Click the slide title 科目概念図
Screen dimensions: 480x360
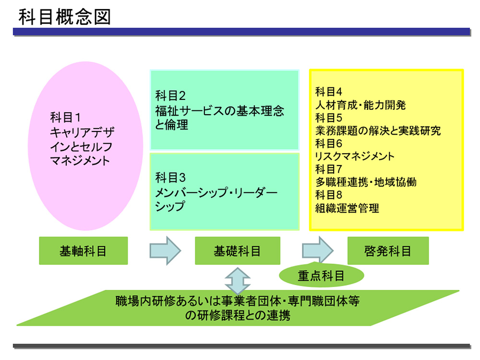[x=64, y=17]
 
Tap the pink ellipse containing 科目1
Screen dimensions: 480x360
[x=85, y=146]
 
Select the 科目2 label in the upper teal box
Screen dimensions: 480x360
[x=170, y=96]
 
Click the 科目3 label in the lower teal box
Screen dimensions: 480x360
[x=170, y=178]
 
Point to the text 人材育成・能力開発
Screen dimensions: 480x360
[x=360, y=105]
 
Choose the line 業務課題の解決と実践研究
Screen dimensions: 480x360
[x=378, y=131]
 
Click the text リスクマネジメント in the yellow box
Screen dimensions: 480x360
[x=355, y=156]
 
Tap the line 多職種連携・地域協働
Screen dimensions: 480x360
[x=366, y=182]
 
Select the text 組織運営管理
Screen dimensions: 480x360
[x=347, y=208]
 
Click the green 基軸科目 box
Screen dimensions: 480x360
[x=83, y=251]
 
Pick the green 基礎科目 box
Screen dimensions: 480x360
[x=238, y=251]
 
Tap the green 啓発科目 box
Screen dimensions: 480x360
[x=388, y=251]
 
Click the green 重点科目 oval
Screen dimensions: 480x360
[x=322, y=275]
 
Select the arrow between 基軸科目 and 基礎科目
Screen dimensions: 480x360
[x=165, y=251]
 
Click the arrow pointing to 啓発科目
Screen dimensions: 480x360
[x=318, y=251]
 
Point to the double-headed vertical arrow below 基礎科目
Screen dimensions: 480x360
[x=238, y=281]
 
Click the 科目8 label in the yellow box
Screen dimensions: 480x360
[x=328, y=195]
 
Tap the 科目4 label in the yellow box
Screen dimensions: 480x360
[x=328, y=92]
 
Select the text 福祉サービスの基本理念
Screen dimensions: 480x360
[x=219, y=110]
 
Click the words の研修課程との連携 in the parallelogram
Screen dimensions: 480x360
[x=238, y=315]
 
